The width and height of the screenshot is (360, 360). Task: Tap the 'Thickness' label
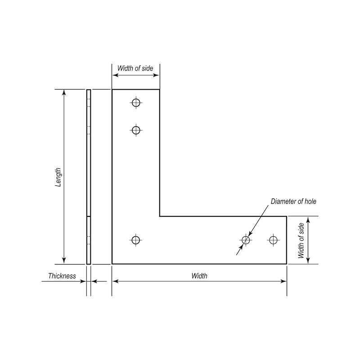click(x=62, y=276)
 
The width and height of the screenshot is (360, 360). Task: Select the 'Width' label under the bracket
click(x=199, y=276)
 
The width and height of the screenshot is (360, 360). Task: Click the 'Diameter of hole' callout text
click(x=293, y=202)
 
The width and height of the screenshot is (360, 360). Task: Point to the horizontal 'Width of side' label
click(x=135, y=68)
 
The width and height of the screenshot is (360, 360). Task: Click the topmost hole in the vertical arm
click(x=136, y=103)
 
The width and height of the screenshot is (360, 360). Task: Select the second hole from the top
click(x=136, y=130)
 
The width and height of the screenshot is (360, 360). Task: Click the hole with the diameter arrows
click(x=246, y=240)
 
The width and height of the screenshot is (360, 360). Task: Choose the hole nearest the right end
click(x=273, y=240)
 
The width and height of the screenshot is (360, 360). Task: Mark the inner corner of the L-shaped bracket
click(x=160, y=216)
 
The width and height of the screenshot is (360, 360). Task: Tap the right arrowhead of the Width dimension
click(x=284, y=281)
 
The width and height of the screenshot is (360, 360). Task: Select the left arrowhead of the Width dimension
click(x=115, y=281)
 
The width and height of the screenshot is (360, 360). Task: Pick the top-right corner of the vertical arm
click(x=160, y=90)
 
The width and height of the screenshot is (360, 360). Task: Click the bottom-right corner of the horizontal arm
click(x=287, y=264)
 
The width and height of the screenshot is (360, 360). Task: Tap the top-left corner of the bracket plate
click(x=112, y=90)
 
